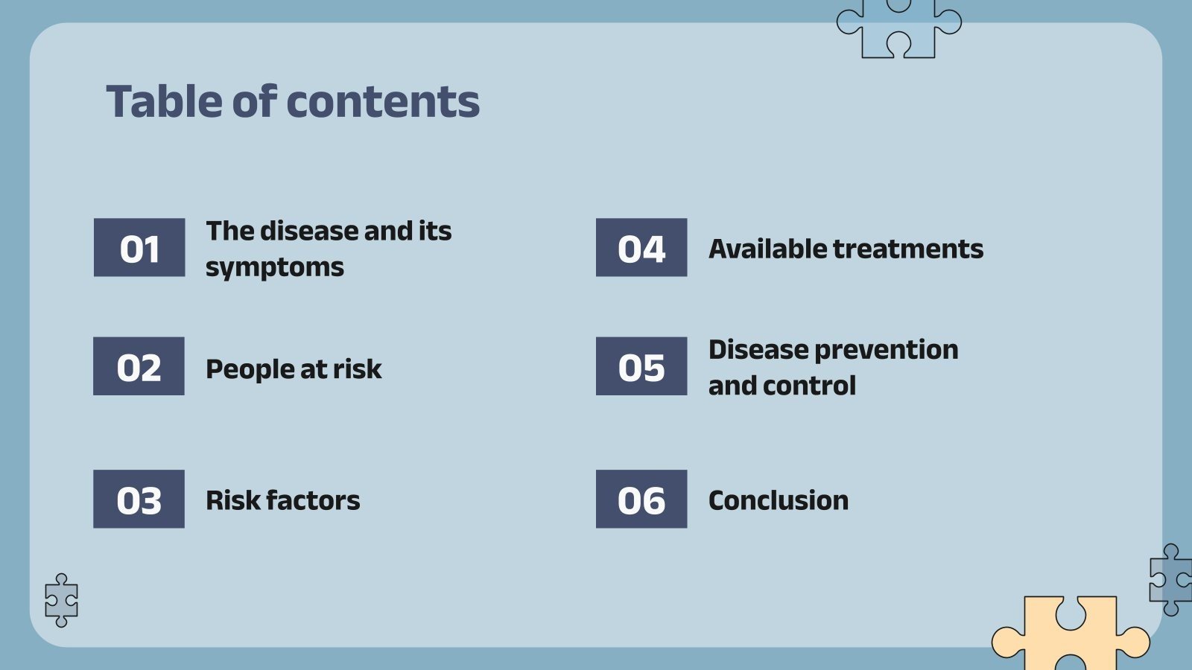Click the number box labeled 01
[139, 248]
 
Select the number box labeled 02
[139, 366]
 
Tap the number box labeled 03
[139, 499]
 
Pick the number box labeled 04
[641, 248]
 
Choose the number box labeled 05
[641, 366]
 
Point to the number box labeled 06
[641, 499]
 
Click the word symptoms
[274, 267]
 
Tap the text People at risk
[294, 369]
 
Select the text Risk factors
[282, 500]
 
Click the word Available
[767, 249]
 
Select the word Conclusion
[778, 500]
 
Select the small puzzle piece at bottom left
[61, 600]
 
